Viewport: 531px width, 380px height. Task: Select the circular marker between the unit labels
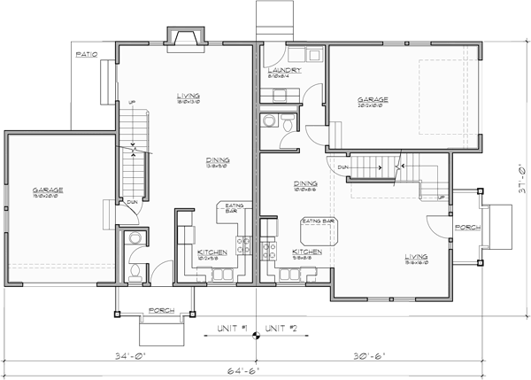pyautogui.click(x=257, y=334)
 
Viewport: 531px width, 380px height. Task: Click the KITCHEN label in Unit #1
pyautogui.click(x=212, y=252)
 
